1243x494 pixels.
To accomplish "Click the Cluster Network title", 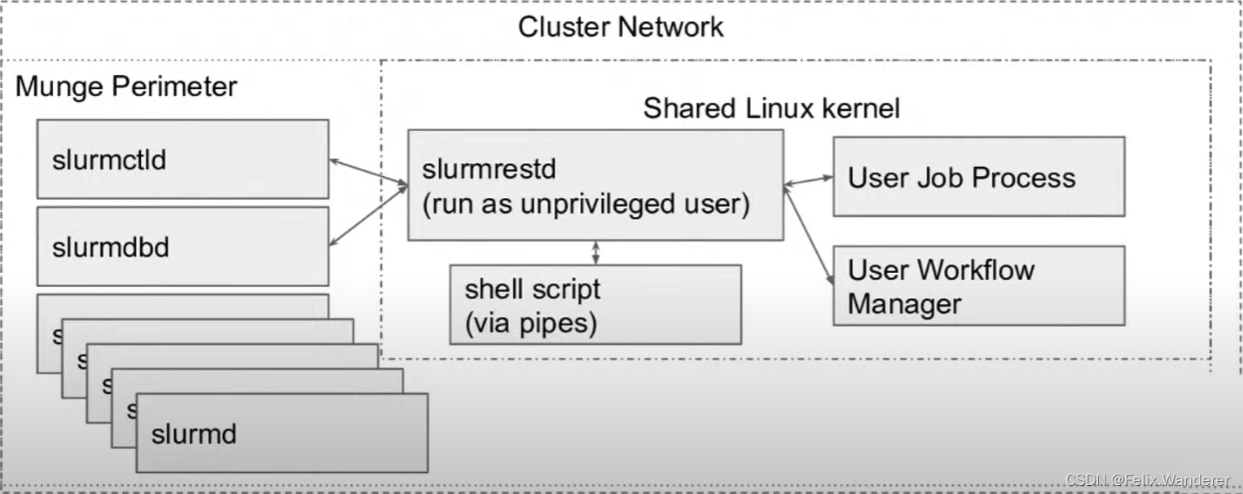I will pos(621,27).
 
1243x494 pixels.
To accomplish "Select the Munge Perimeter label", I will pos(126,86).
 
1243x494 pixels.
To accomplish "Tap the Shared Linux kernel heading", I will pos(771,108).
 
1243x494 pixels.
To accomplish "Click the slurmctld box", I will pos(182,159).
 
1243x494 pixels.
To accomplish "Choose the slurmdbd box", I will pos(182,246).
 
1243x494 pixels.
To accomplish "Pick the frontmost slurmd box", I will pos(282,433).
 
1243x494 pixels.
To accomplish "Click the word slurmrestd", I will pos(489,170).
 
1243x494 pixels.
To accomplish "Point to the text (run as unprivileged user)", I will pos(585,204).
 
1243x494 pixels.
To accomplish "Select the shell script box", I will pos(595,304).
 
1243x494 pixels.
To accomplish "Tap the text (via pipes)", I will pos(530,324).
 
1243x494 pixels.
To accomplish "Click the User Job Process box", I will pos(978,177).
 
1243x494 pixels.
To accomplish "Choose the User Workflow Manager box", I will pos(978,286).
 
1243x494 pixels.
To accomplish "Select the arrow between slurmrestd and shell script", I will pos(596,252).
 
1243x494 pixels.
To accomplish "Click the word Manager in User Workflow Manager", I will pos(904,305).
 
